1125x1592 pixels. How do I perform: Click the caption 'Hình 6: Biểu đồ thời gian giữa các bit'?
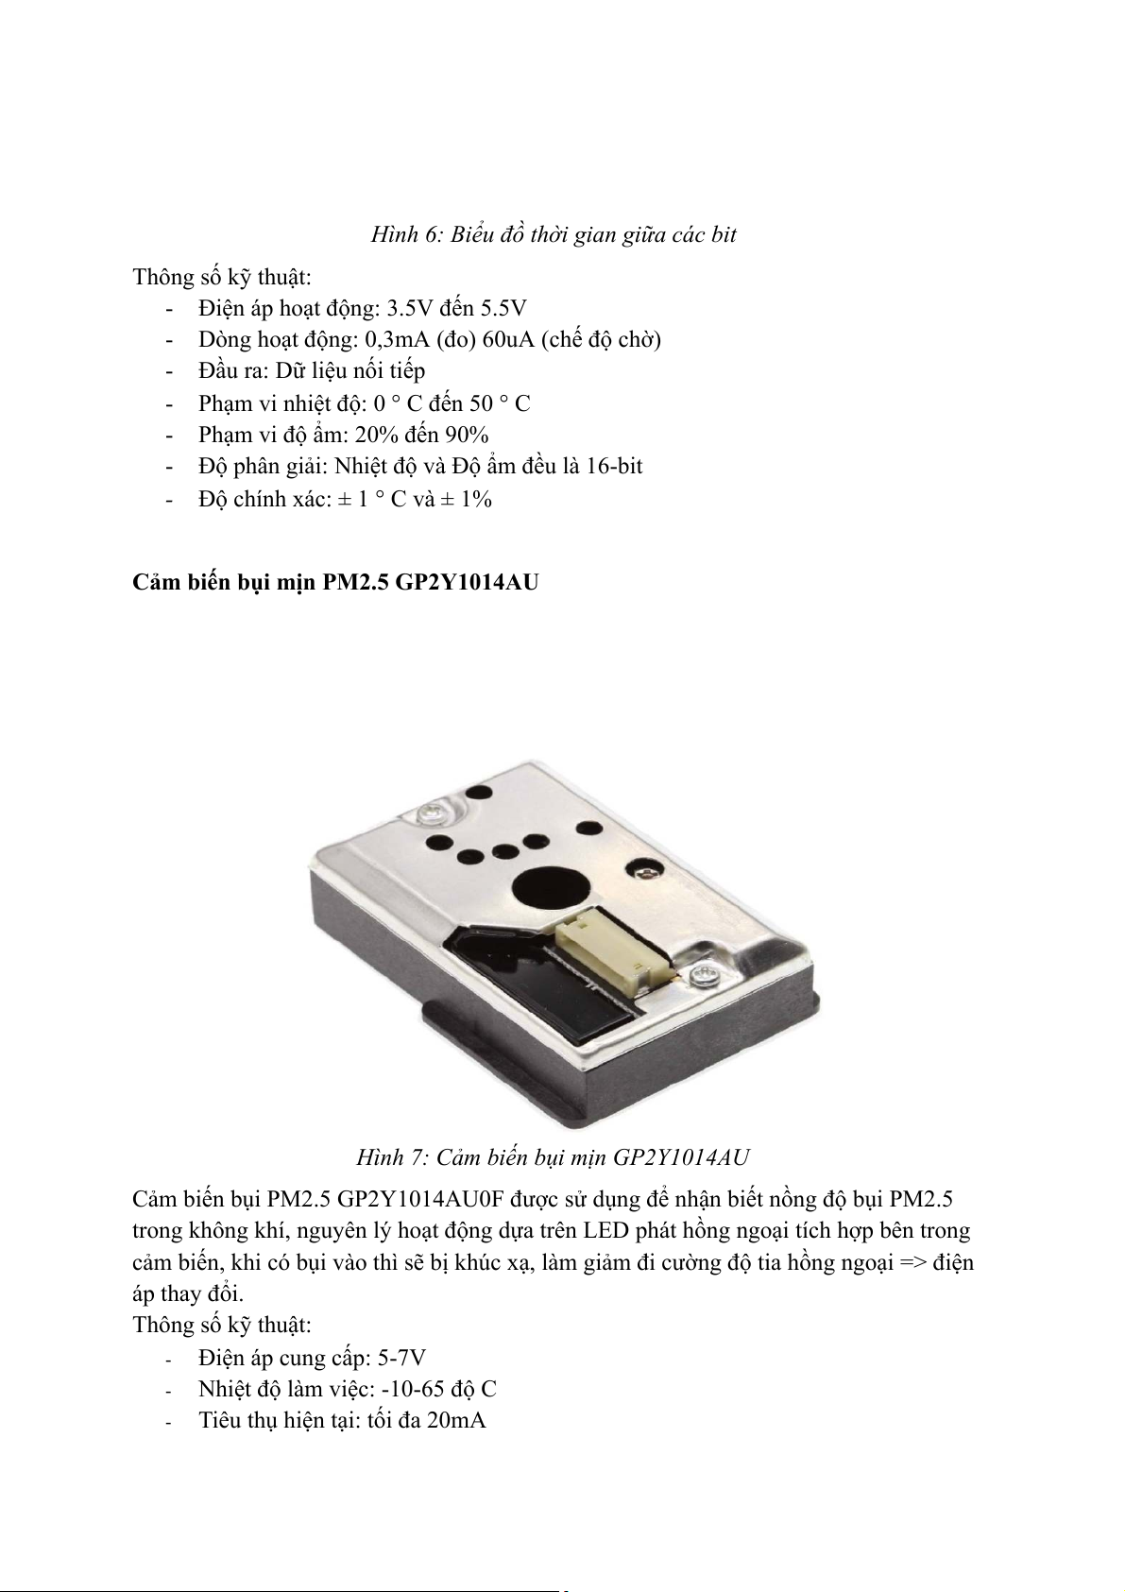click(x=553, y=235)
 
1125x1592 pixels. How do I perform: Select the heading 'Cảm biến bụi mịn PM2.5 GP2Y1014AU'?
click(x=335, y=582)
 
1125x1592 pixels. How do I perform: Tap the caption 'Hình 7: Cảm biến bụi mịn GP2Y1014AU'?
click(x=553, y=1157)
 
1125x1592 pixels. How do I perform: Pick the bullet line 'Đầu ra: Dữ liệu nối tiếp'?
click(x=312, y=370)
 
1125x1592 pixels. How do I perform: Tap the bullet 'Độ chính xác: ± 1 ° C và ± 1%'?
click(x=345, y=498)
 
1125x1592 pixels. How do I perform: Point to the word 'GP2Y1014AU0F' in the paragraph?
click(x=419, y=1200)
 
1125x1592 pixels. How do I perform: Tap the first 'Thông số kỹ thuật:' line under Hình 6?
click(x=222, y=277)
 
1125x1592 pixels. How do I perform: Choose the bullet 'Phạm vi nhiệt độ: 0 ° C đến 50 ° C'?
click(x=364, y=403)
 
